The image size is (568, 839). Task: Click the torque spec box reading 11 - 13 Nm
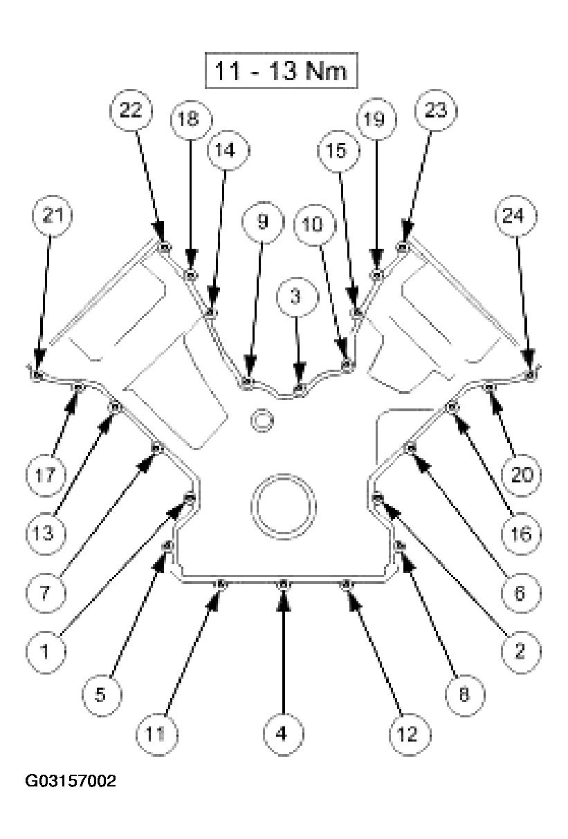point(281,70)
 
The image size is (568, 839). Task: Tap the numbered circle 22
point(131,111)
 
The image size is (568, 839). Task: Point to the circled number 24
point(516,216)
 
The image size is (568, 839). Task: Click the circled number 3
point(297,297)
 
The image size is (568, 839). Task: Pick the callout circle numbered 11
point(156,735)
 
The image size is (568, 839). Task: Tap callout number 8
point(464,695)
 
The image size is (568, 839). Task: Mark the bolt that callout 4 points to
point(284,584)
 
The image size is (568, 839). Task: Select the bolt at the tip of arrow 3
point(298,387)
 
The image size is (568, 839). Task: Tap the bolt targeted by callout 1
point(190,498)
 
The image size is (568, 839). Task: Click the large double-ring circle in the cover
point(284,507)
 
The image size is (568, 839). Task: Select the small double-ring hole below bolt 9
point(262,421)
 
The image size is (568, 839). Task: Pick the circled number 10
point(314,225)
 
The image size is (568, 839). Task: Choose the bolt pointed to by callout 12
point(347,584)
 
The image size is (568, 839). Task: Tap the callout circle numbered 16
point(522,534)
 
